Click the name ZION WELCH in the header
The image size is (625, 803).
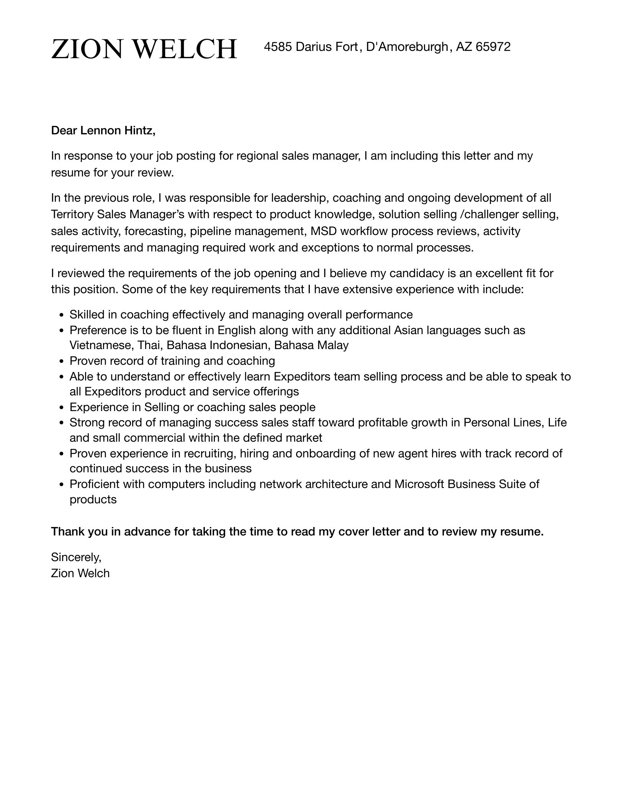tap(144, 49)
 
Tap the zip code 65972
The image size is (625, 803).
tap(493, 47)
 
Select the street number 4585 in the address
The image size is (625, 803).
tap(278, 47)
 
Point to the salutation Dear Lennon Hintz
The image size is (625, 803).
tap(103, 131)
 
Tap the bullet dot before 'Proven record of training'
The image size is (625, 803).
tap(61, 362)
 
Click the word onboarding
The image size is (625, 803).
tap(325, 454)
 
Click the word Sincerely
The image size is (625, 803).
tap(76, 557)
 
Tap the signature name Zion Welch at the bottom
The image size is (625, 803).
tap(80, 573)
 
